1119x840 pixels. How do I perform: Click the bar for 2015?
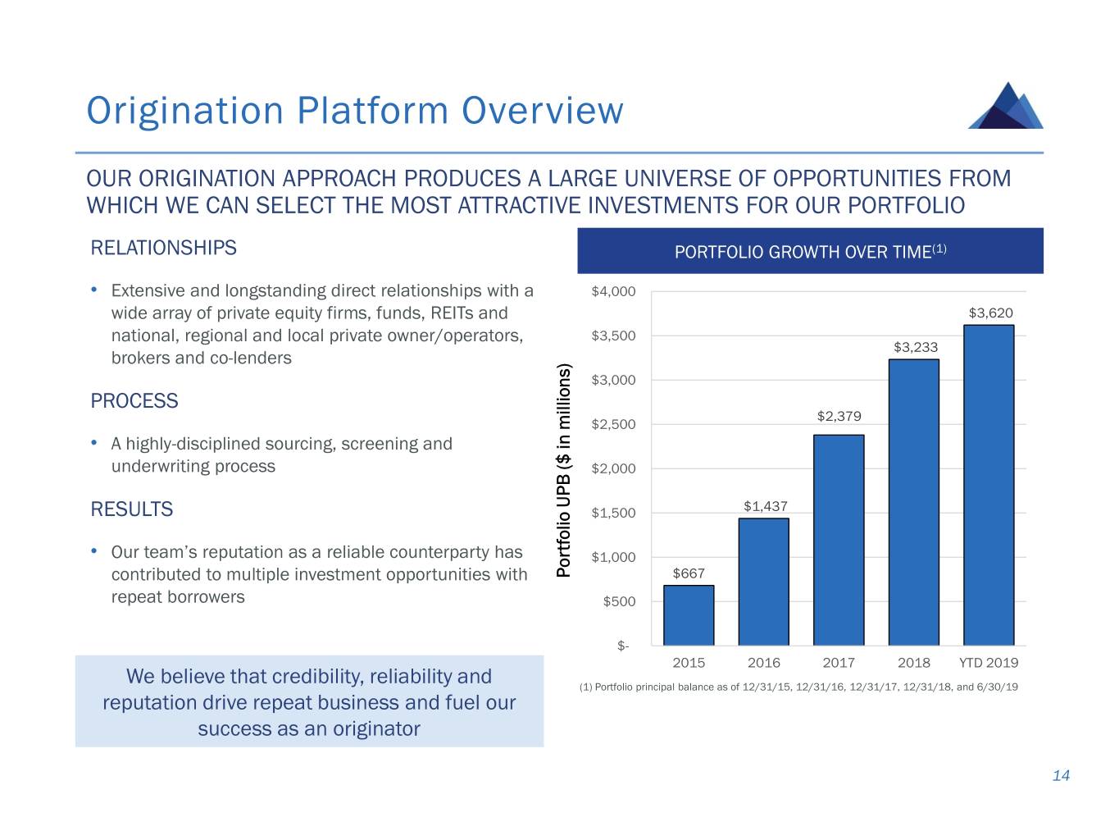[x=689, y=615]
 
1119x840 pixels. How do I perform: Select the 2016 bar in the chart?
[x=763, y=582]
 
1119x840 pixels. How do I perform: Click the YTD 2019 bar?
[x=989, y=485]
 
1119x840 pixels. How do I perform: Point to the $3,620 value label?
[x=990, y=313]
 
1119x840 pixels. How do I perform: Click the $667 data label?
[x=689, y=573]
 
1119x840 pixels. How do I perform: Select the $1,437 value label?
[x=765, y=506]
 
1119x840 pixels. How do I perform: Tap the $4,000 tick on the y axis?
[x=613, y=291]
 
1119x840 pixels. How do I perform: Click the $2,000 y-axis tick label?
[x=613, y=468]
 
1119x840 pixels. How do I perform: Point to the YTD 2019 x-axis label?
[x=989, y=663]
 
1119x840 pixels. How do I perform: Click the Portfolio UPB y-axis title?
[x=563, y=470]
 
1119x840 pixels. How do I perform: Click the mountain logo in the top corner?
[x=1006, y=106]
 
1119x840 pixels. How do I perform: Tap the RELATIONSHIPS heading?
[x=163, y=248]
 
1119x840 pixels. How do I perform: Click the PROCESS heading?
[x=134, y=401]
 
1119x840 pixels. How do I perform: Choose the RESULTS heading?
[x=132, y=509]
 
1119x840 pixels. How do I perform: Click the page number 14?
[x=1061, y=776]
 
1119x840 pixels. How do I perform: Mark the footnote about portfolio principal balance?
[x=798, y=687]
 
